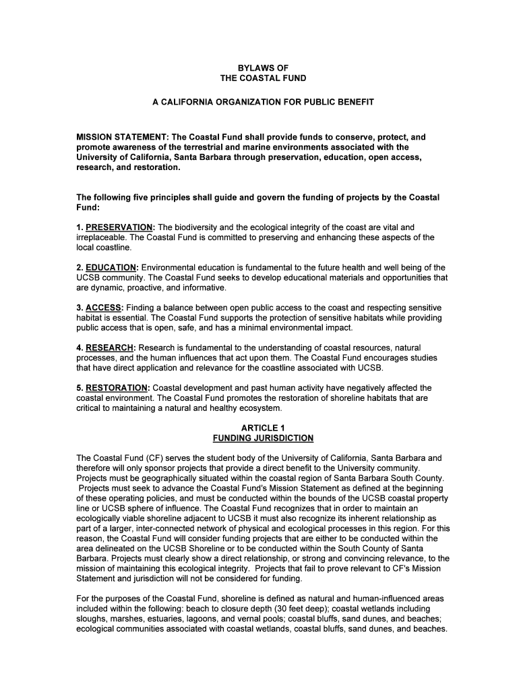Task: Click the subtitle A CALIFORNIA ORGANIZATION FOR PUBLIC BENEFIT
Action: (263, 102)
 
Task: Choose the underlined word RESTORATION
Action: (116, 388)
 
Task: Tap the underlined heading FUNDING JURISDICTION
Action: (263, 438)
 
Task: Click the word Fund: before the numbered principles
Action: (88, 207)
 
